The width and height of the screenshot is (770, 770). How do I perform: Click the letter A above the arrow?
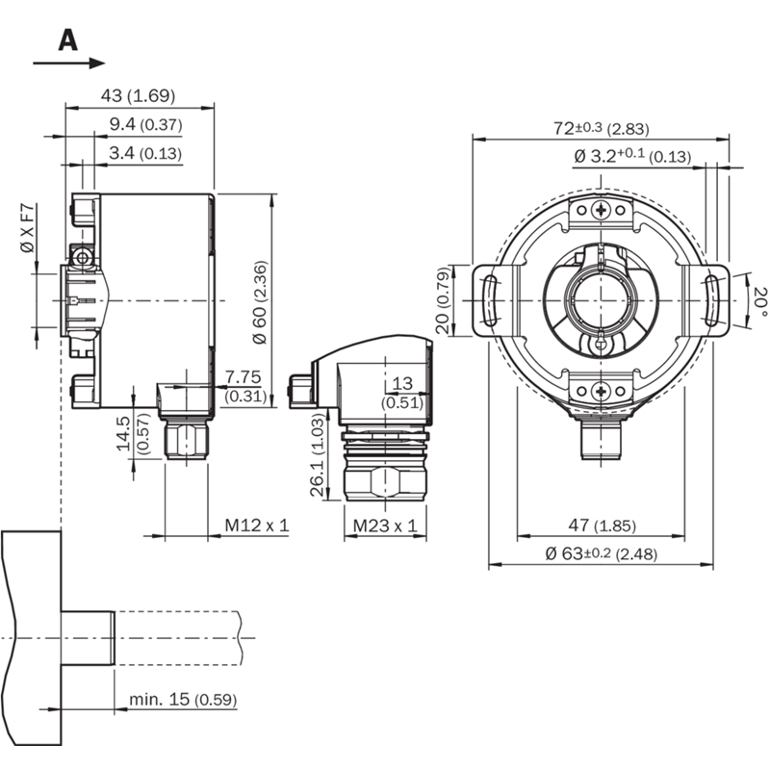point(67,40)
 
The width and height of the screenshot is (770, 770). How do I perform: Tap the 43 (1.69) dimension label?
point(138,95)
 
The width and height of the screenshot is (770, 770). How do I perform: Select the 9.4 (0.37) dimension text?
point(146,125)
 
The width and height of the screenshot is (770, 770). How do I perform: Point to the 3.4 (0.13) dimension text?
point(145,153)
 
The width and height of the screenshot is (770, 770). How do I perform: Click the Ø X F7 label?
point(28,228)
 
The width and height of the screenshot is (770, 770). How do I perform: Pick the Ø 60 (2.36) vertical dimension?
point(260,301)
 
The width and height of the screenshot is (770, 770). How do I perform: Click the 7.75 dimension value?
point(244,377)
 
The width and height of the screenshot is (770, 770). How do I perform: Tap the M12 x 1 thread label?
point(257,526)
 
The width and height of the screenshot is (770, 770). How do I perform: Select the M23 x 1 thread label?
point(385,526)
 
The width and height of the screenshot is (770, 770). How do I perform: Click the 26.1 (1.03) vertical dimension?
point(319,454)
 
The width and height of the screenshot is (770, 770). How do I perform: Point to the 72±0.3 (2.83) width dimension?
point(602,129)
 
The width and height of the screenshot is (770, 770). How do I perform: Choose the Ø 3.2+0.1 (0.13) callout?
point(632,156)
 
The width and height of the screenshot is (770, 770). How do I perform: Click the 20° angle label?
point(759,301)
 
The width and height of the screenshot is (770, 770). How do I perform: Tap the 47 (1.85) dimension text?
point(603,526)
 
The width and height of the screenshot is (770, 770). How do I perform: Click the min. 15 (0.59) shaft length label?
point(183,699)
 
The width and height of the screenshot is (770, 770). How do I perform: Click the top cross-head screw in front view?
point(601,210)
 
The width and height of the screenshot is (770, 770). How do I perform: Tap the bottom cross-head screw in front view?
point(601,392)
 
